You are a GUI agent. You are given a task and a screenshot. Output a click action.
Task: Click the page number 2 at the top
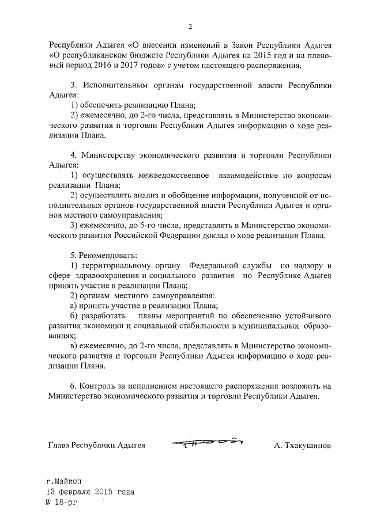tap(189, 26)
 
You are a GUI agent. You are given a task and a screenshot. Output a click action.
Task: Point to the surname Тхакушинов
tap(303, 445)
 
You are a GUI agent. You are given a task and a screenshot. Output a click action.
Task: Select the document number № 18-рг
tap(61, 502)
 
